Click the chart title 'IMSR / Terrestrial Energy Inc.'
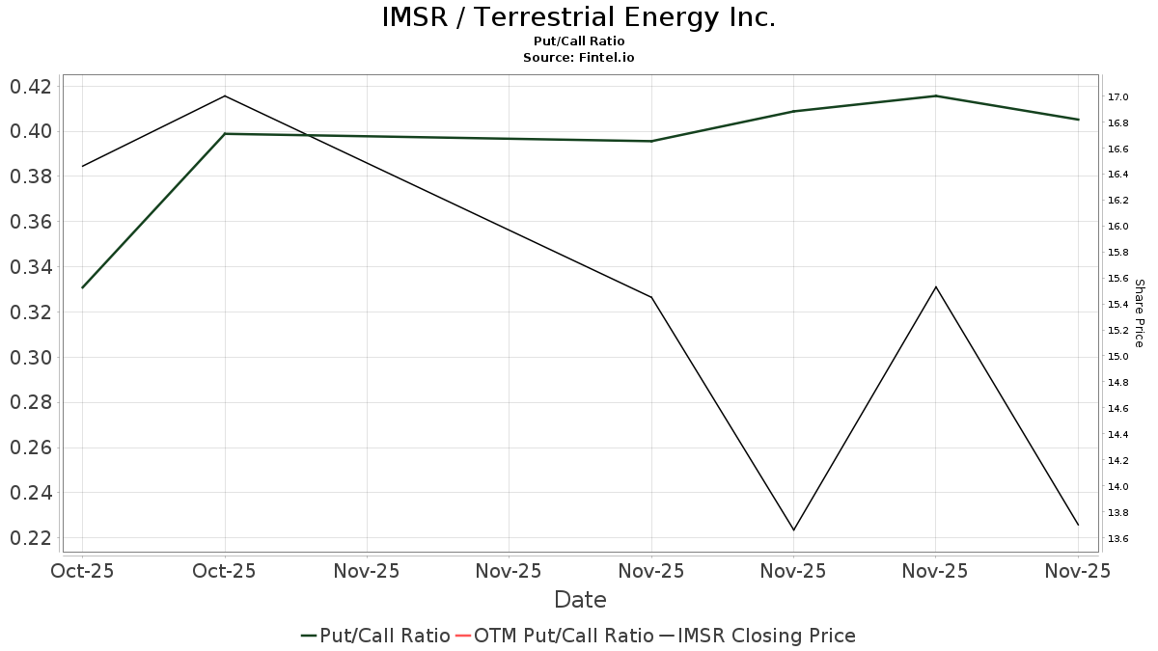[x=578, y=17]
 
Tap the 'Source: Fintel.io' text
[x=578, y=58]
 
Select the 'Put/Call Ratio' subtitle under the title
[x=578, y=41]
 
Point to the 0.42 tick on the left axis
[x=31, y=87]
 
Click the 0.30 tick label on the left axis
[x=31, y=358]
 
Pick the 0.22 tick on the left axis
[x=31, y=538]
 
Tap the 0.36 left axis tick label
[x=31, y=222]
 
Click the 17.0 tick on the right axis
[x=1118, y=97]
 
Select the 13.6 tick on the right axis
[x=1118, y=538]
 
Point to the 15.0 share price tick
[x=1118, y=357]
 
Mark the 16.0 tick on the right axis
[x=1118, y=227]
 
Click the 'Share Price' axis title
[x=1139, y=312]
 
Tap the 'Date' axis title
[x=580, y=600]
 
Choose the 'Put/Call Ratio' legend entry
[x=375, y=636]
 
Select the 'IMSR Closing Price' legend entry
[x=758, y=636]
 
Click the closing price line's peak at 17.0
[x=225, y=96]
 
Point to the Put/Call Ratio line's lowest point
[x=83, y=287]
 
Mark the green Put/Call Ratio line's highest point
[x=935, y=96]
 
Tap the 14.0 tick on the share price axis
[x=1118, y=486]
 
